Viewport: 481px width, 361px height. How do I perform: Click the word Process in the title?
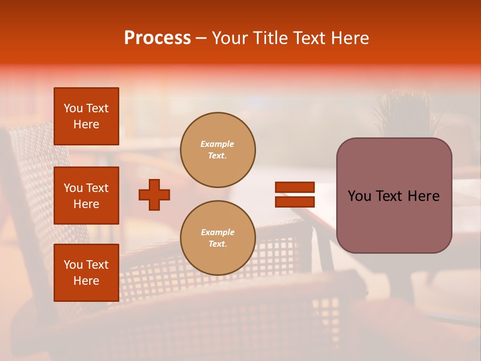157,38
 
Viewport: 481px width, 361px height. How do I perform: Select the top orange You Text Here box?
86,116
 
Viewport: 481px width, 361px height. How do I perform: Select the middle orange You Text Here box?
86,196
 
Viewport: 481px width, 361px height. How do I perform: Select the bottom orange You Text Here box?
86,272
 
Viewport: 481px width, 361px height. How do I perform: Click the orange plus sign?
154,195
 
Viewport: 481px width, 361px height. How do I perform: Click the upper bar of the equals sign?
295,188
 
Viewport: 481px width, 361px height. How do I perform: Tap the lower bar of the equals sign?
295,202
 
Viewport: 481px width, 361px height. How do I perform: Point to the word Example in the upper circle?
217,144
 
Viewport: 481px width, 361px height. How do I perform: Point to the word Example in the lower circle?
217,232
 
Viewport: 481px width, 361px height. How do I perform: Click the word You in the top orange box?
73,108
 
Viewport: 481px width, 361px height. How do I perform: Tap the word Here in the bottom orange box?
86,281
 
